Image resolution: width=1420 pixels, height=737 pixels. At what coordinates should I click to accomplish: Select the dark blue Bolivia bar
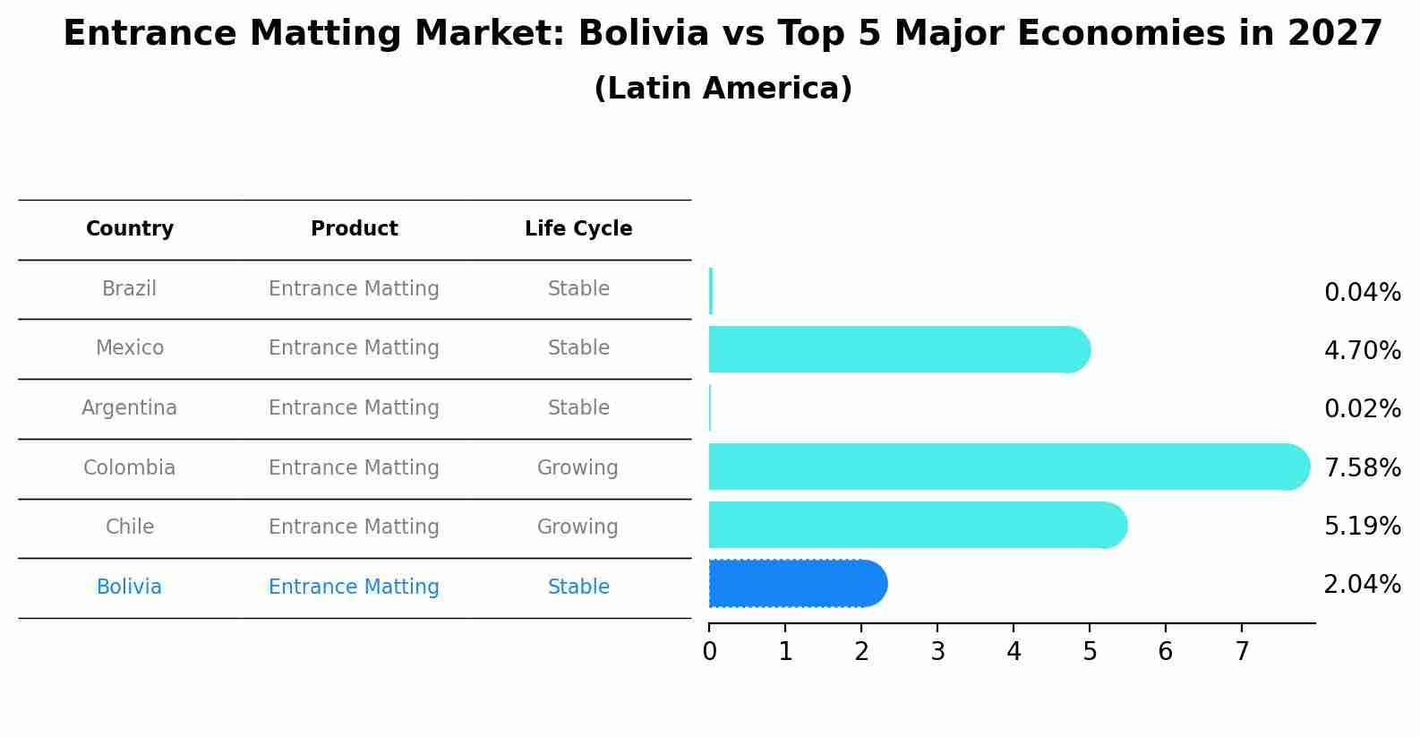tap(792, 584)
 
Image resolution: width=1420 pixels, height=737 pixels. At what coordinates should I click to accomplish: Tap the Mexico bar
tap(895, 349)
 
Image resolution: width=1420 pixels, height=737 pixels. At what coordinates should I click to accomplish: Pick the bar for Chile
tap(913, 525)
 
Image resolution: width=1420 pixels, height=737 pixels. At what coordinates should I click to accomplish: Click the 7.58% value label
tap(1362, 467)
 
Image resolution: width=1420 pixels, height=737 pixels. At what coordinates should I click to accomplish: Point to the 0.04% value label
tap(1362, 293)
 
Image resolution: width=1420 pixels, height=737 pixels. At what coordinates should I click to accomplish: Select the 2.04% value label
tap(1362, 585)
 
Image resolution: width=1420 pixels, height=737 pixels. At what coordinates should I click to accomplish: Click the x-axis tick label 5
tap(1090, 652)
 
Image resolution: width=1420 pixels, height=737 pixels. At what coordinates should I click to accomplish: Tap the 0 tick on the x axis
tap(709, 652)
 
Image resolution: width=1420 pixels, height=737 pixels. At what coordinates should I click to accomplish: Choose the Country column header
tap(130, 229)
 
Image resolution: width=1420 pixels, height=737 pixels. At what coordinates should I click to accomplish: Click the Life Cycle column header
tap(578, 229)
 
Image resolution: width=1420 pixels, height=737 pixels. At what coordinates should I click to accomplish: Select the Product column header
tap(354, 229)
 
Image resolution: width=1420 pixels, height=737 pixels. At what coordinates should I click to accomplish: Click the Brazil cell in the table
tap(129, 289)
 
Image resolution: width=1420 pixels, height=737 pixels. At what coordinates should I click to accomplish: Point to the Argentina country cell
tap(129, 408)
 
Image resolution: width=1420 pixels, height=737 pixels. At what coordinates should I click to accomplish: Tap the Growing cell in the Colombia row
tap(577, 468)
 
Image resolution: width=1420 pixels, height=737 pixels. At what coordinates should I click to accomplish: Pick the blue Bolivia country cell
tap(129, 587)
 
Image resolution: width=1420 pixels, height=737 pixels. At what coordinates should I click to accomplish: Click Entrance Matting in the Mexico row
tap(354, 348)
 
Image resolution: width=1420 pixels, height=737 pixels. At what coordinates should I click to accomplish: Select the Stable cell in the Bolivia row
tap(578, 587)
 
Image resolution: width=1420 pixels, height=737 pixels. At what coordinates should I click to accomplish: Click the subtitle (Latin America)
tap(723, 89)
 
